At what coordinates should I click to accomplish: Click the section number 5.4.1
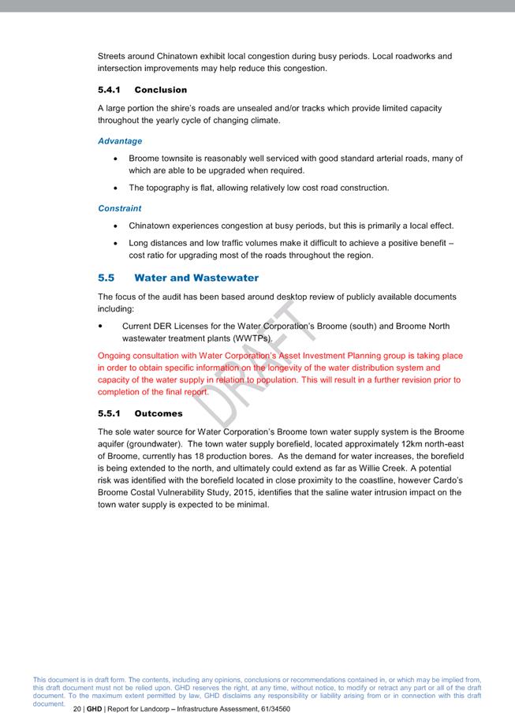(x=109, y=90)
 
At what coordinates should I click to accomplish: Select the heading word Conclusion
(x=161, y=90)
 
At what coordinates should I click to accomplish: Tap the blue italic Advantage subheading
(x=120, y=141)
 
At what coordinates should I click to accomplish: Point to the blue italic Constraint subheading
(x=120, y=208)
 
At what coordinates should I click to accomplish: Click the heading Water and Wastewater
(x=196, y=278)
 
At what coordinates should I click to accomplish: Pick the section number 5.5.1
(x=109, y=413)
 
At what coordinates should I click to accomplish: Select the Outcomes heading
(x=159, y=413)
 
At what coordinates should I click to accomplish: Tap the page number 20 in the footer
(x=77, y=709)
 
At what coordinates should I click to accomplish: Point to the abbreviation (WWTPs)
(x=254, y=338)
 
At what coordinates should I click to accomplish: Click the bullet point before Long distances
(x=117, y=244)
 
